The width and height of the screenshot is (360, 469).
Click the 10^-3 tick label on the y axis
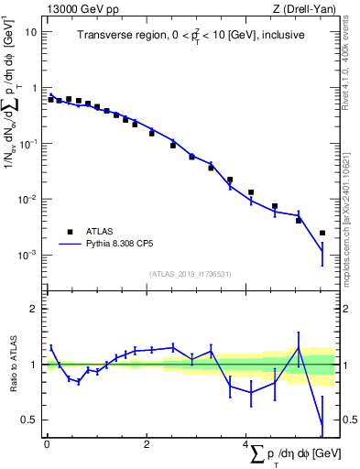pos(28,255)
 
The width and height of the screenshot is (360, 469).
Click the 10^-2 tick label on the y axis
pos(28,199)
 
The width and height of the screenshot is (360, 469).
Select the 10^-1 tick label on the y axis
pos(28,143)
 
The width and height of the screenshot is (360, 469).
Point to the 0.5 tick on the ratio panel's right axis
pos(348,420)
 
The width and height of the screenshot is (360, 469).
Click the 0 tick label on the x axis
pos(47,444)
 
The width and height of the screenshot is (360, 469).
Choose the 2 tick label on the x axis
pos(147,444)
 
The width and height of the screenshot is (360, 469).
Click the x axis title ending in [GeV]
pos(292,455)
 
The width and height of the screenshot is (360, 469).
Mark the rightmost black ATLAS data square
pos(322,233)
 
